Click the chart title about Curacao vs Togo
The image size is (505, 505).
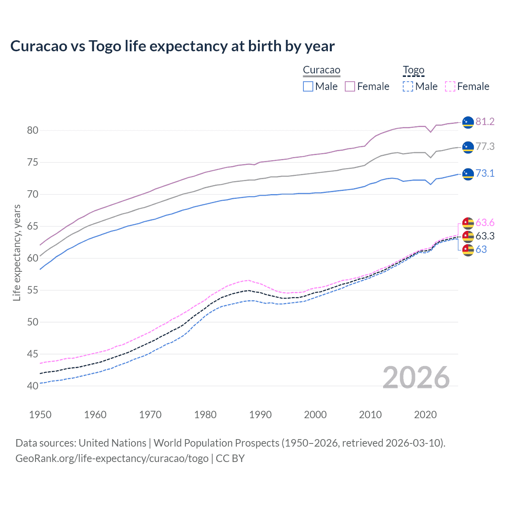click(x=172, y=46)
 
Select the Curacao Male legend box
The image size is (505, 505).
click(x=308, y=86)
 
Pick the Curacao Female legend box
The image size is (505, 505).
click(x=350, y=86)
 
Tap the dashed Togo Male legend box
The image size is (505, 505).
click(x=408, y=86)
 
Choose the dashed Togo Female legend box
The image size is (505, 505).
click(x=450, y=86)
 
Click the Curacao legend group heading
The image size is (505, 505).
click(x=322, y=70)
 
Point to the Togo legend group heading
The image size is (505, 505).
click(x=413, y=70)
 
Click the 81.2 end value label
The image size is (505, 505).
click(x=485, y=122)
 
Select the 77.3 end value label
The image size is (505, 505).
click(x=485, y=146)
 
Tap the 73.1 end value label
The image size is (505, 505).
click(x=485, y=173)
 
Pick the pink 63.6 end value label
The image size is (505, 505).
click(x=485, y=223)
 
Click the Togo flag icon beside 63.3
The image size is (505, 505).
click(x=468, y=236)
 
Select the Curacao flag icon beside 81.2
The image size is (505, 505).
click(x=468, y=122)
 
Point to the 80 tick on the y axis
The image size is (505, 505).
click(x=33, y=130)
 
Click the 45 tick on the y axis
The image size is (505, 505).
click(x=33, y=354)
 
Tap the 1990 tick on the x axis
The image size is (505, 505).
click(x=260, y=415)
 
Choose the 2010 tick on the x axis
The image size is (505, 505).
click(x=370, y=415)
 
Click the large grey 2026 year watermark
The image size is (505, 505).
click(x=416, y=378)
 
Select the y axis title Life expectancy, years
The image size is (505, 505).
click(x=17, y=252)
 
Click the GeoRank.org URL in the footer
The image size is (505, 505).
click(x=112, y=458)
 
